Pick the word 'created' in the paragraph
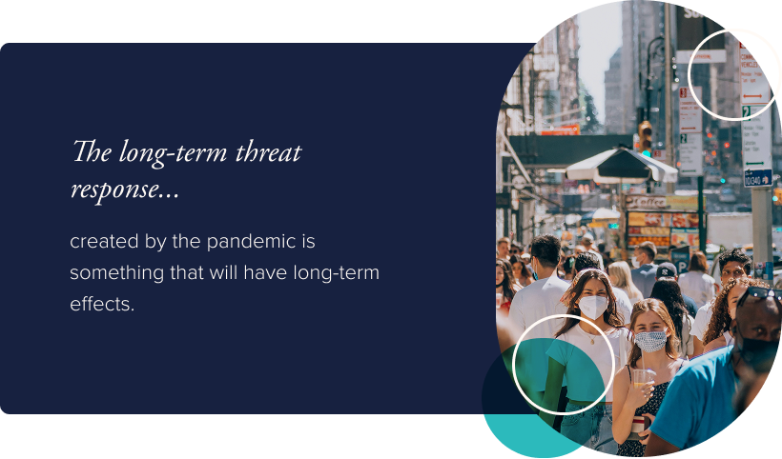tap(103, 241)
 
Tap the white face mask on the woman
tap(592, 306)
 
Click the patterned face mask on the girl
tap(650, 340)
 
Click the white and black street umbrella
tap(621, 165)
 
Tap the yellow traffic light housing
tap(646, 135)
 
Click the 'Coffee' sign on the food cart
tap(650, 202)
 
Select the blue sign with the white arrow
tap(757, 177)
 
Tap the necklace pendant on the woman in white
tap(590, 340)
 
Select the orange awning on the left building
tap(561, 130)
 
